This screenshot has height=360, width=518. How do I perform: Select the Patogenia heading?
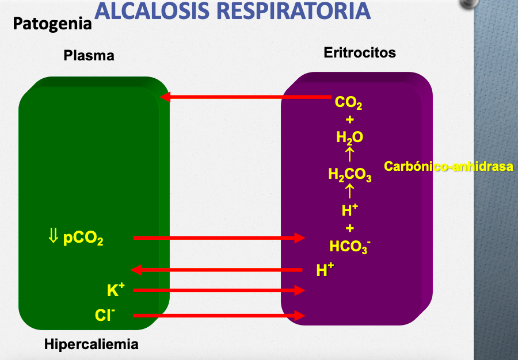coord(52,24)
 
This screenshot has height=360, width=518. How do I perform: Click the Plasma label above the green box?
coord(89,56)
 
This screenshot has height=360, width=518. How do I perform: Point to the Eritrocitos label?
coord(360,53)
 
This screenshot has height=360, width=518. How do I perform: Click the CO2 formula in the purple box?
coord(349,104)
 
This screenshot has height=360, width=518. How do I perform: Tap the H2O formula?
coord(349,137)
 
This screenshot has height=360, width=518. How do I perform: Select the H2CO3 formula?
coord(349,174)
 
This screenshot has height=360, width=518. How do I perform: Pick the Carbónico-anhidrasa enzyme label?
coord(448,167)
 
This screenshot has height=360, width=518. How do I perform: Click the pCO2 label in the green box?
coord(83,238)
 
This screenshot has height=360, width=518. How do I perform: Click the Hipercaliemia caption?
coord(92,344)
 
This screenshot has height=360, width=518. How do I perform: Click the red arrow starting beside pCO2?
coord(219,238)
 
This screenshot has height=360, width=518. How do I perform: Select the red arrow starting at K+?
coord(219,290)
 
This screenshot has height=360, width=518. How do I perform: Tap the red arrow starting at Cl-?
coord(219,315)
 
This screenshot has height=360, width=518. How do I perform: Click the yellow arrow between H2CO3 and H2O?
coord(349,154)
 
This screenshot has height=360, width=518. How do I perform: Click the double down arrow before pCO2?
coord(54,235)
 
